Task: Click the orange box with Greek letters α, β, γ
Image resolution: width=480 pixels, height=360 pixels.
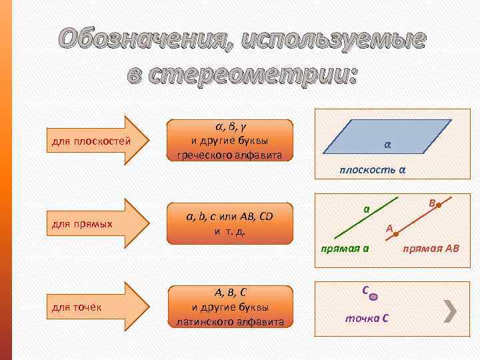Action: [x=230, y=141]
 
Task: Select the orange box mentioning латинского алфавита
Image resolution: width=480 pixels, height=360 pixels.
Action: [x=230, y=307]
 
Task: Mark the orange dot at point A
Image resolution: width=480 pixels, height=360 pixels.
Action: [x=396, y=234]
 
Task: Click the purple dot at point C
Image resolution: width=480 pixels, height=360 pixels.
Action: [x=374, y=297]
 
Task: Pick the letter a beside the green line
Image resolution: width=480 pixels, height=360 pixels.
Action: [x=367, y=209]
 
